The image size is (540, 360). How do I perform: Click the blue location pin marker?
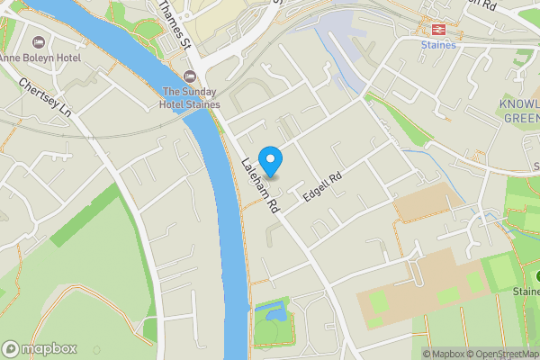click(x=271, y=160)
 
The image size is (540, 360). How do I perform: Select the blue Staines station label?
click(x=438, y=44)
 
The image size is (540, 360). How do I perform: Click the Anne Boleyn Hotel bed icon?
click(x=39, y=42)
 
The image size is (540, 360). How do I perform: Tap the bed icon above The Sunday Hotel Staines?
click(x=189, y=76)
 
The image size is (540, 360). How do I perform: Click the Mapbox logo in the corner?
click(x=40, y=348)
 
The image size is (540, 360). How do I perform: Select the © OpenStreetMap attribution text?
click(x=499, y=353)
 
